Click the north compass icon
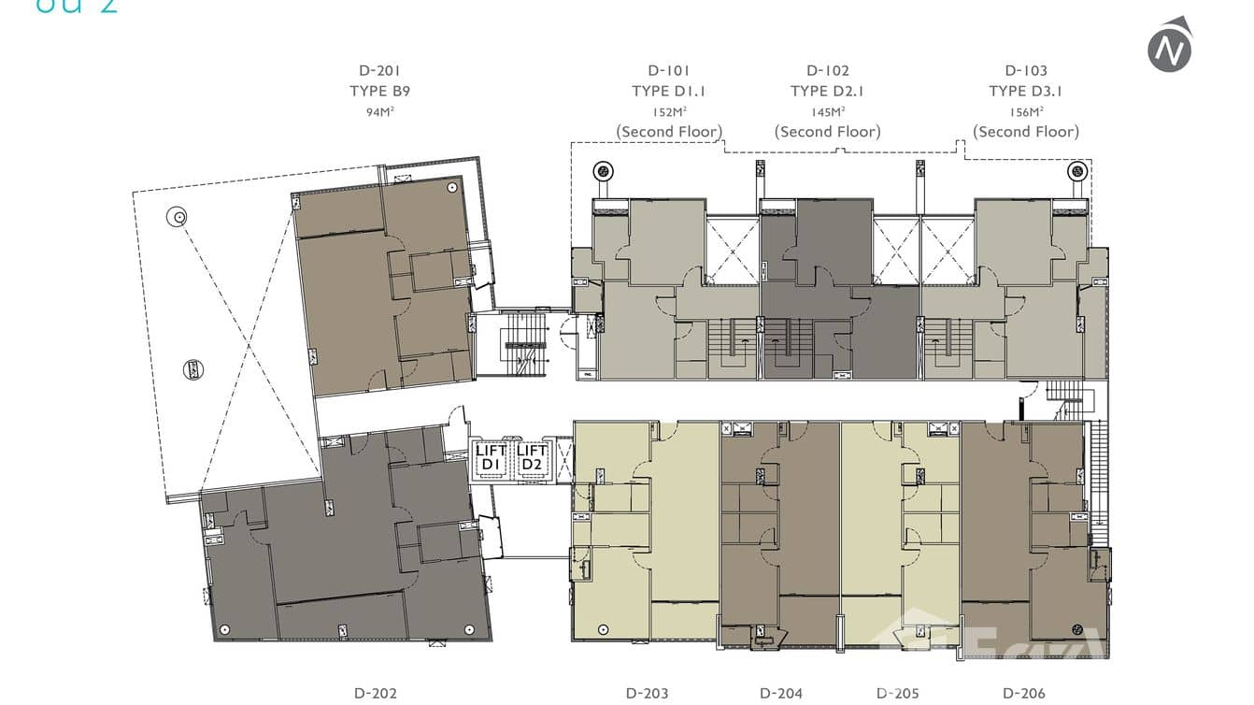click(1170, 45)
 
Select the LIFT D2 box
click(533, 458)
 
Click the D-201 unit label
click(379, 70)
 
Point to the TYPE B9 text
click(379, 91)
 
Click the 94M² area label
click(379, 112)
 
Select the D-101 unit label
click(668, 70)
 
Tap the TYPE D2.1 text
click(827, 91)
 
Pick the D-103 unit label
click(1025, 70)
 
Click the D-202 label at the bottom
click(376, 693)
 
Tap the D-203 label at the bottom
click(647, 693)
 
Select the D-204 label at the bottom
click(780, 693)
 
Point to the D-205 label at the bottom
click(898, 693)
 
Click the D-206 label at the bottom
click(1024, 693)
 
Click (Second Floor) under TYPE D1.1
click(668, 132)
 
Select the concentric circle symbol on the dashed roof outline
click(177, 218)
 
